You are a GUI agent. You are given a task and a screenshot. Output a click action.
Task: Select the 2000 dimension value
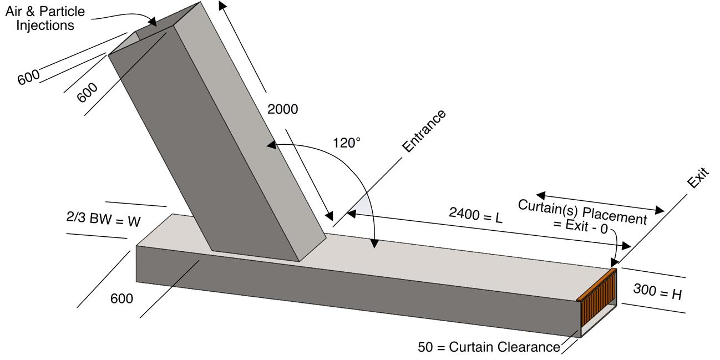[282, 109]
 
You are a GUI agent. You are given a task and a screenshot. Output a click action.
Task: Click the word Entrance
[424, 131]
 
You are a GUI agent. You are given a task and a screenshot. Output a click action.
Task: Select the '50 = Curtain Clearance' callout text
[489, 347]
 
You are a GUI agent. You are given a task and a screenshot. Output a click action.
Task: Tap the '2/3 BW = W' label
[103, 221]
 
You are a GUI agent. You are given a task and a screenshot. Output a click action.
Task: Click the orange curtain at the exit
[597, 298]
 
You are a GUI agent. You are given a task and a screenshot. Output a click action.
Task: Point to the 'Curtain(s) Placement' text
[582, 212]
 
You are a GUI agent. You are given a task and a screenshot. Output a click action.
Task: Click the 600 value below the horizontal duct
[121, 298]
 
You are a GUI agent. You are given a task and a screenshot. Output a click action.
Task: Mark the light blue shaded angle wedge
[363, 206]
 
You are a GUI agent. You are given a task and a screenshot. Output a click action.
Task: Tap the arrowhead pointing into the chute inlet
[155, 23]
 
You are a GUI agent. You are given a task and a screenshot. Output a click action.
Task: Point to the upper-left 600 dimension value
[28, 77]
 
